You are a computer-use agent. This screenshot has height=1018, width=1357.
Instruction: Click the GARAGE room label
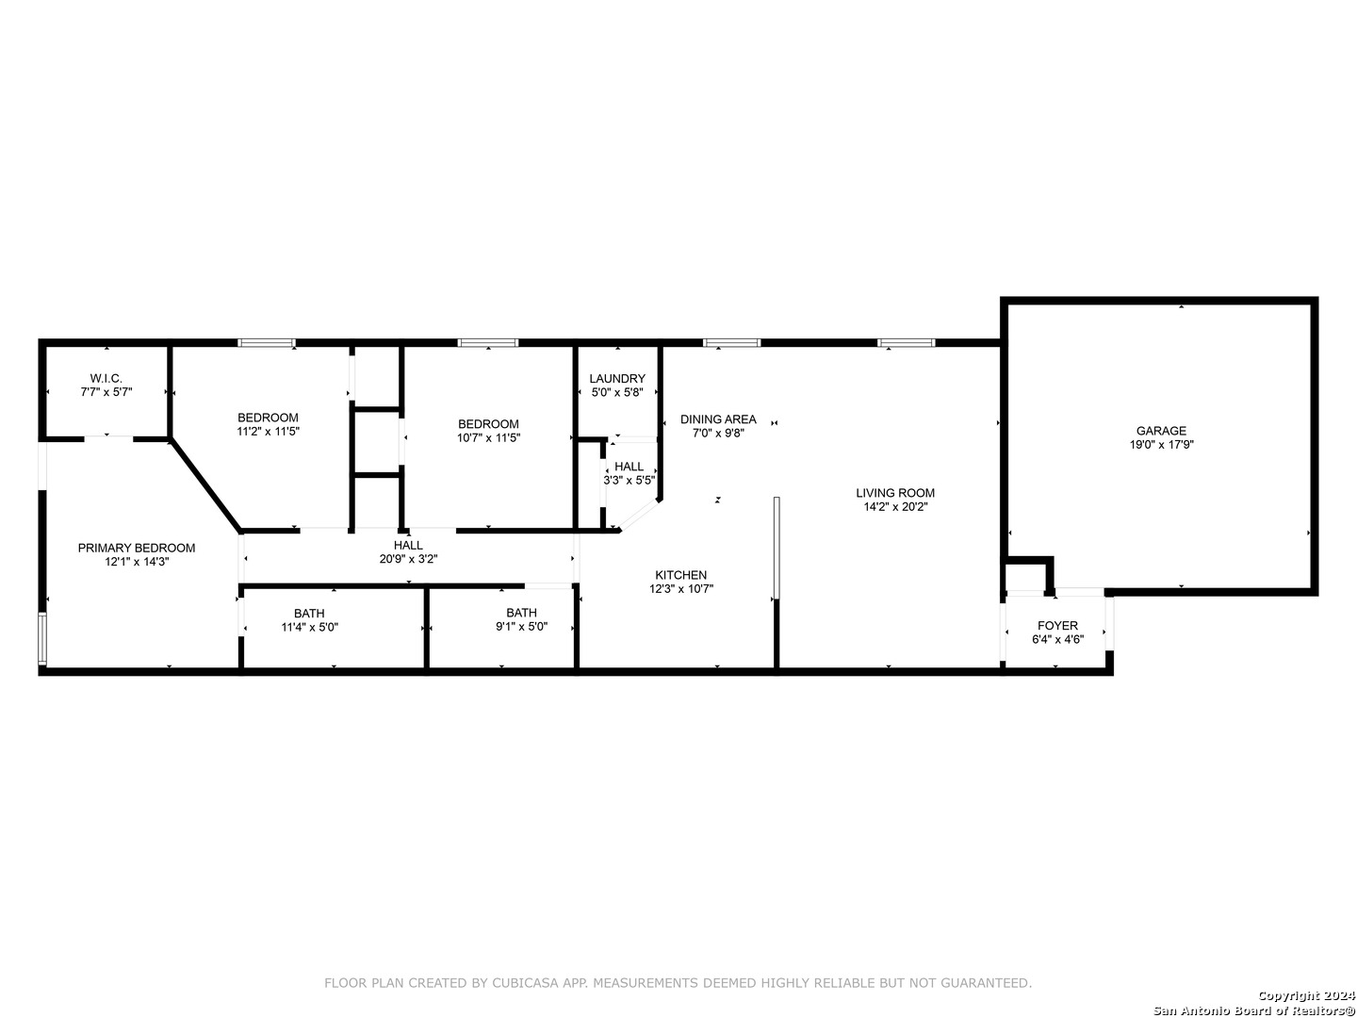coord(1161,431)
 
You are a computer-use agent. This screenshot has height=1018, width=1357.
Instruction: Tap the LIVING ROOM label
coord(895,493)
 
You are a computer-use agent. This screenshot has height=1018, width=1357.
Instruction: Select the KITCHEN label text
coord(680,575)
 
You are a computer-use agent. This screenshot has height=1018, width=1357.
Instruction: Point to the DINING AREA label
coord(718,419)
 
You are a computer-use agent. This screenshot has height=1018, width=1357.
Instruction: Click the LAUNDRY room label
coord(617,379)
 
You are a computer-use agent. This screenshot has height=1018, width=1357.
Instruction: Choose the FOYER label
coord(1057,626)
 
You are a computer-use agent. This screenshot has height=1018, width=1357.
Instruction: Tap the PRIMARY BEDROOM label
coord(136,549)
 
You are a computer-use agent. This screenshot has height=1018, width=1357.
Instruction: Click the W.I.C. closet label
coord(106,378)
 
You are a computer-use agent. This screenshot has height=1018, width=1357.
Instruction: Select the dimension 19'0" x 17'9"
coord(1161,444)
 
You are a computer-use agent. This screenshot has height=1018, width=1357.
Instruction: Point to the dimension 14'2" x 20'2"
coord(895,507)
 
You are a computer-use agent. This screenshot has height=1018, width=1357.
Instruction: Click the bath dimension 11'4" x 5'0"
coord(309,628)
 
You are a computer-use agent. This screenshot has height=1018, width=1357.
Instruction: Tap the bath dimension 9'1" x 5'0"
coord(521,627)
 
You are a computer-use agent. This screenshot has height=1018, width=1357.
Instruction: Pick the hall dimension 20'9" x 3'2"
coord(408,559)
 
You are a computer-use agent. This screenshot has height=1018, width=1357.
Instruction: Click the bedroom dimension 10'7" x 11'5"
coord(488,438)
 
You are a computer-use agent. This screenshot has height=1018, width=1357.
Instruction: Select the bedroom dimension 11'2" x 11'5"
coord(268,432)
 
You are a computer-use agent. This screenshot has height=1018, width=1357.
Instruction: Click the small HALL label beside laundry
coord(629,467)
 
